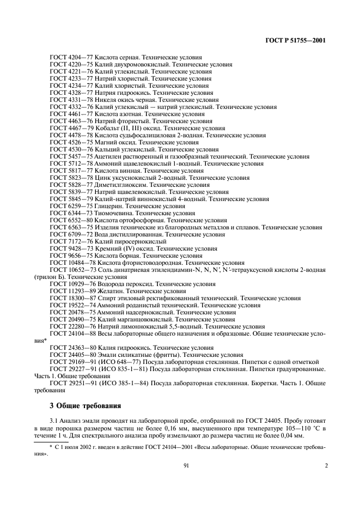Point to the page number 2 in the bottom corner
pyautogui.click(x=326, y=466)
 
